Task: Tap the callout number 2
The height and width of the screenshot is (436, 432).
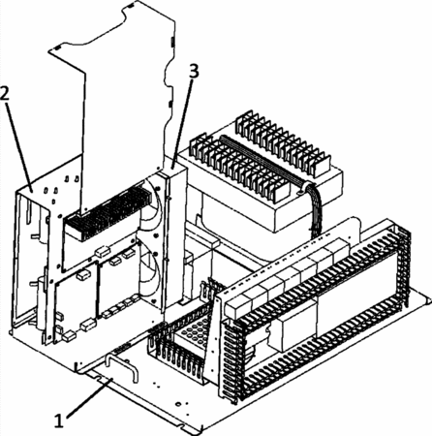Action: (x=6, y=93)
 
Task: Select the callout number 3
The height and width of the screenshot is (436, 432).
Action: (x=194, y=71)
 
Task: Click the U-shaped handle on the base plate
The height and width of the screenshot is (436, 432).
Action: (x=122, y=366)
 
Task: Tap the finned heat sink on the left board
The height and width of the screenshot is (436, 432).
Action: (x=108, y=212)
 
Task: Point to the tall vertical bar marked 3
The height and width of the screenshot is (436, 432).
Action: (x=175, y=239)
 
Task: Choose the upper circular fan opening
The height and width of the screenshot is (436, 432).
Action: (x=151, y=210)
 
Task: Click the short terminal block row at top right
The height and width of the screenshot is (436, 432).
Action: (x=284, y=143)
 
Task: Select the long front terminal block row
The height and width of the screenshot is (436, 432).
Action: (x=239, y=168)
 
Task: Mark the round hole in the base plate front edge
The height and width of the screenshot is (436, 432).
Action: (x=177, y=404)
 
